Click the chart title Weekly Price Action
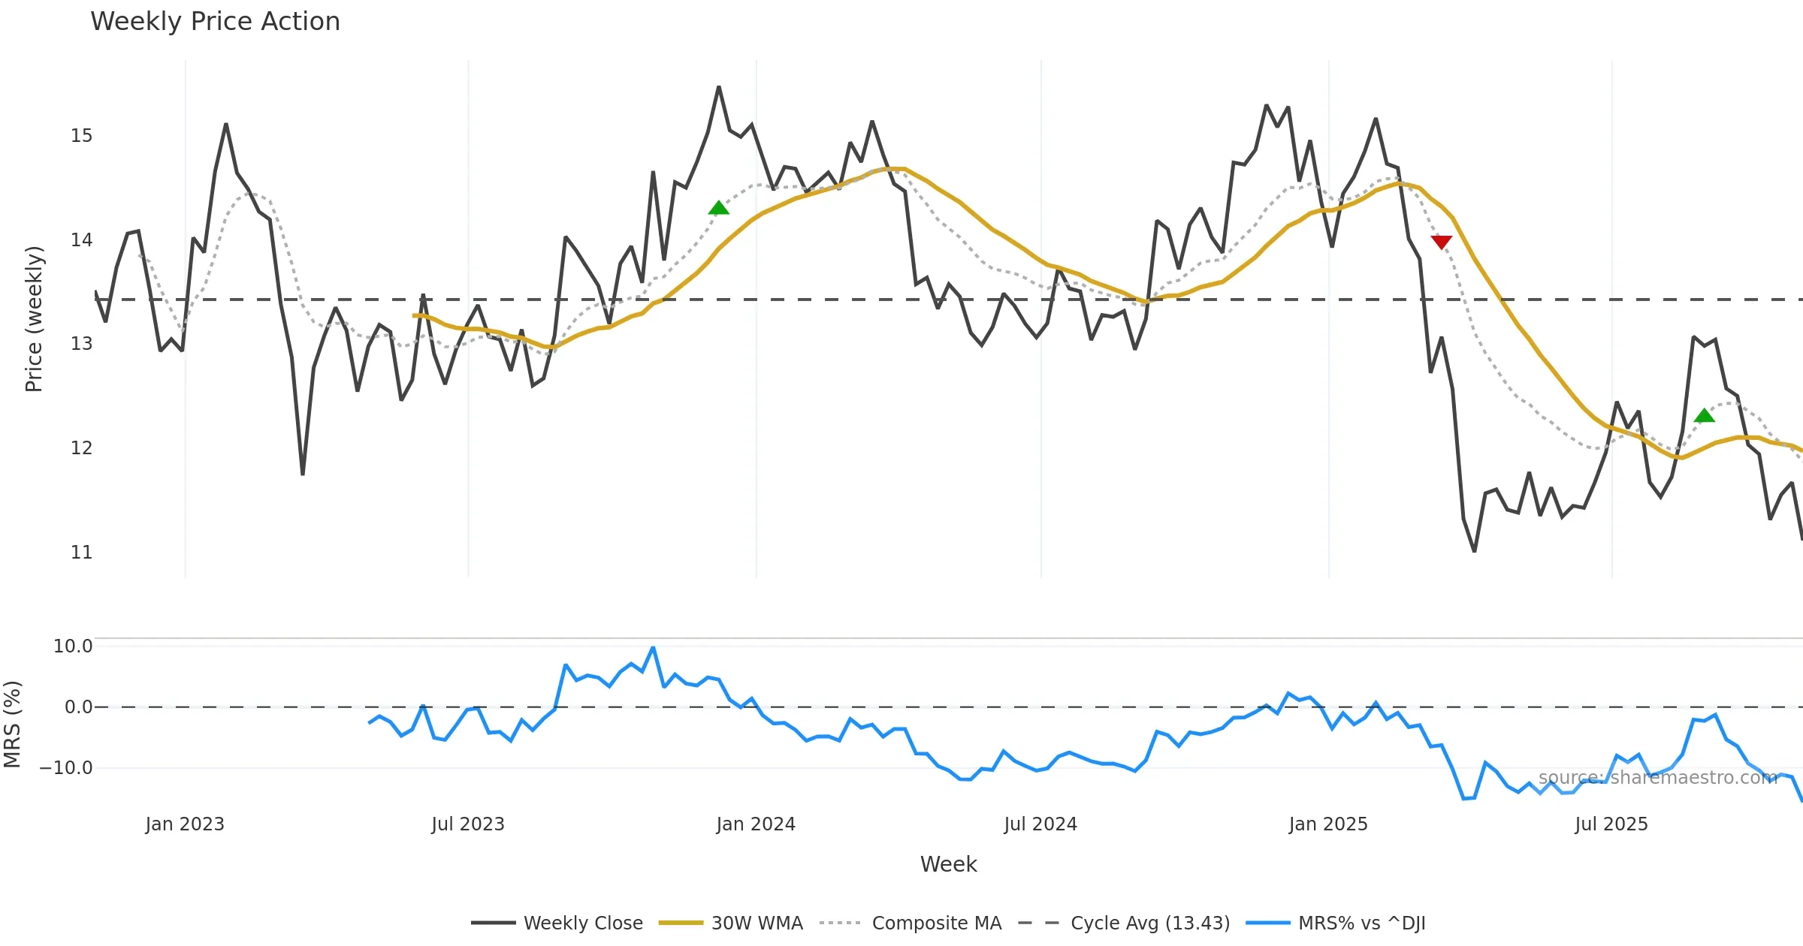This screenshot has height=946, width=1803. pyautogui.click(x=215, y=22)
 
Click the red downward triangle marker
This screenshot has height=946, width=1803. pyautogui.click(x=1441, y=242)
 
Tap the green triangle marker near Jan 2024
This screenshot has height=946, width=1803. pyautogui.click(x=718, y=208)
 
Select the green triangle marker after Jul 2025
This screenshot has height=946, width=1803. pyautogui.click(x=1705, y=415)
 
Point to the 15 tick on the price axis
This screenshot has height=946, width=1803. pyautogui.click(x=81, y=136)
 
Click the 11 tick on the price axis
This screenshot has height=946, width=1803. pyautogui.click(x=81, y=553)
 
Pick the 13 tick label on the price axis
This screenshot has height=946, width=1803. pyautogui.click(x=81, y=344)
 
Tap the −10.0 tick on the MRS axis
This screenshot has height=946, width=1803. pyautogui.click(x=66, y=768)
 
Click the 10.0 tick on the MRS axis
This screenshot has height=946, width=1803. pyautogui.click(x=72, y=646)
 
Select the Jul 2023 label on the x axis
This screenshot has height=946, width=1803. pyautogui.click(x=467, y=824)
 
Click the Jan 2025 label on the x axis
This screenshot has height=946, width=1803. pyautogui.click(x=1327, y=824)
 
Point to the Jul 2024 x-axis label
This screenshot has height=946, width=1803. pyautogui.click(x=1040, y=824)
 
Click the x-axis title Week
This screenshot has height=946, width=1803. pyautogui.click(x=948, y=865)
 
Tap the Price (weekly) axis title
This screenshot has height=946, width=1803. pyautogui.click(x=34, y=319)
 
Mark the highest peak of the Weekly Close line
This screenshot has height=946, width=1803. pyautogui.click(x=718, y=87)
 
